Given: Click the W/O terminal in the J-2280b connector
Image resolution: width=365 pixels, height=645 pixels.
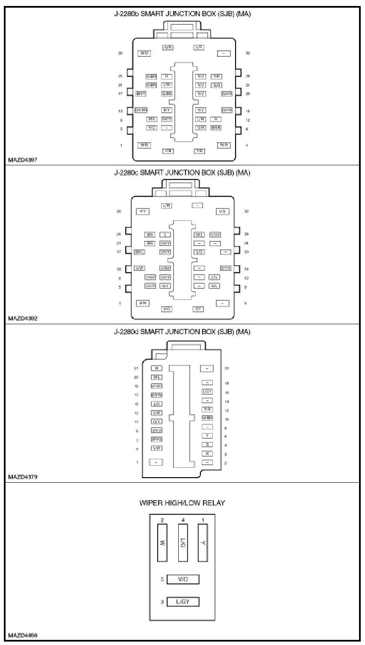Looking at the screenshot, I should pyautogui.click(x=144, y=53).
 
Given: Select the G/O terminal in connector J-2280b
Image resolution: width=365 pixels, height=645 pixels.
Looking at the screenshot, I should pyautogui.click(x=217, y=85).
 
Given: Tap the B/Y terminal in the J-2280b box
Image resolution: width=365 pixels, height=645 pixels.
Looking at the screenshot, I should pyautogui.click(x=167, y=110).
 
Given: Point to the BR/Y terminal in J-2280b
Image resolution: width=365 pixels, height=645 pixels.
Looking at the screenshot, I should pyautogui.click(x=141, y=94).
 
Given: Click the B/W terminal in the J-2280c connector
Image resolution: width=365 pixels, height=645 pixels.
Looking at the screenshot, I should pyautogui.click(x=142, y=303).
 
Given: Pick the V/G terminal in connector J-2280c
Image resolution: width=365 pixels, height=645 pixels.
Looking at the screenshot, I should pyautogui.click(x=222, y=211).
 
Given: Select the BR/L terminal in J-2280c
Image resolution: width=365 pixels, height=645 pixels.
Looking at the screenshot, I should pyautogui.click(x=140, y=252).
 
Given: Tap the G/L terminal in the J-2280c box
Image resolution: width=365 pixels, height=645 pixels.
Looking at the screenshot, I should pyautogui.click(x=215, y=286).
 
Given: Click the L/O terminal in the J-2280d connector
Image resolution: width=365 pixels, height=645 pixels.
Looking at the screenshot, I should pyautogui.click(x=156, y=404).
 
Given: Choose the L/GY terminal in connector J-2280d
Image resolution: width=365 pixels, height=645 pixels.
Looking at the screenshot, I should pyautogui.click(x=207, y=392).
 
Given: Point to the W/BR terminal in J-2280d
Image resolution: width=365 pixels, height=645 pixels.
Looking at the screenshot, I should pyautogui.click(x=207, y=418).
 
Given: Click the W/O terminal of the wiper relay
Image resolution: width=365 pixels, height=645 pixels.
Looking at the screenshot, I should pyautogui.click(x=182, y=580).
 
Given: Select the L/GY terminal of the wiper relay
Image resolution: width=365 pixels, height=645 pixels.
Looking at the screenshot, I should pyautogui.click(x=182, y=602).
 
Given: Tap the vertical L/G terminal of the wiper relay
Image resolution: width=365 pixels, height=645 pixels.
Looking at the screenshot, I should pyautogui.click(x=183, y=542).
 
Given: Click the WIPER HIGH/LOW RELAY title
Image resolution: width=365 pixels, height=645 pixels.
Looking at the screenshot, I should pyautogui.click(x=182, y=503).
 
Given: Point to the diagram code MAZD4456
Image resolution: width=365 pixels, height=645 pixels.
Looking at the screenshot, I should pyautogui.click(x=23, y=635).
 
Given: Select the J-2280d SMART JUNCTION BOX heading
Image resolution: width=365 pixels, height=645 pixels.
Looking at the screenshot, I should pyautogui.click(x=182, y=331).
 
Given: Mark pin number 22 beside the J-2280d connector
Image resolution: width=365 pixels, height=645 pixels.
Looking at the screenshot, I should pyautogui.click(x=227, y=368).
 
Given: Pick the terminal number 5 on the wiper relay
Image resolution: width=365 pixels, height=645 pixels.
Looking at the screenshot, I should pyautogui.click(x=162, y=580).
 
